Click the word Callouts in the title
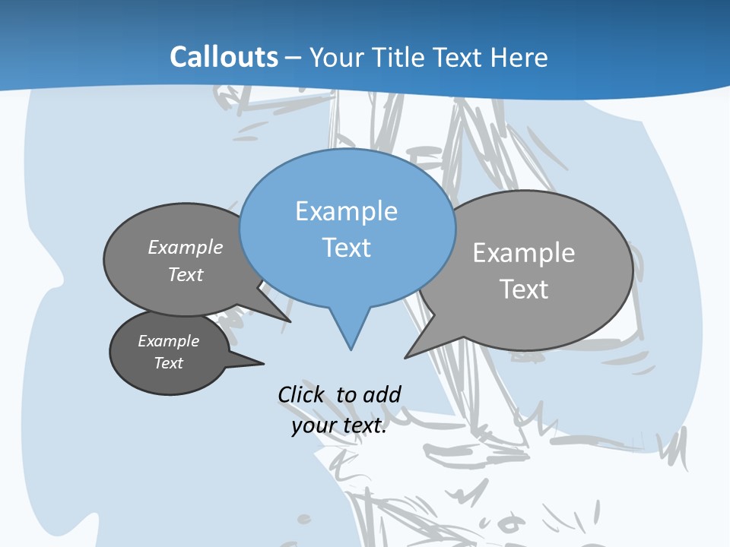click(x=224, y=58)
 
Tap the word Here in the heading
click(x=519, y=58)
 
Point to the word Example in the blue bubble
click(x=346, y=211)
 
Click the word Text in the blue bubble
click(x=347, y=248)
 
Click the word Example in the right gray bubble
click(x=524, y=253)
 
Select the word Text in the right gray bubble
click(x=524, y=289)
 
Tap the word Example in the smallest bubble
click(x=168, y=341)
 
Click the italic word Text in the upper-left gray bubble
click(x=186, y=274)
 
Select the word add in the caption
click(x=382, y=394)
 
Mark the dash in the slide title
click(x=294, y=58)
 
